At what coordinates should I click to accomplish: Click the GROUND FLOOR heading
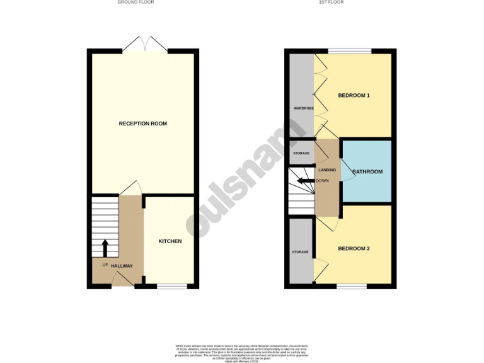point(135,3)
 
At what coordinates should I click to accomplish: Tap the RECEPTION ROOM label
point(143,124)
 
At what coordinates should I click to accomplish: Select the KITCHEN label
point(170,241)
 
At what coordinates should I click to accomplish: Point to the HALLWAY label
point(122,266)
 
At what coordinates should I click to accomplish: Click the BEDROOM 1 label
point(354,96)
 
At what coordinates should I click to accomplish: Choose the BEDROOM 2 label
point(354,248)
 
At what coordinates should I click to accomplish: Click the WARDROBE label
point(299,108)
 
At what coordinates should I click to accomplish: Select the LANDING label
point(327,170)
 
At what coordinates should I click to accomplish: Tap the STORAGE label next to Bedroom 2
point(300,252)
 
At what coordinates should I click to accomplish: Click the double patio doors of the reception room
point(145,45)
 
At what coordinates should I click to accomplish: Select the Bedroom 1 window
point(350,51)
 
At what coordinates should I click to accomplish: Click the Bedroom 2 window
point(351,287)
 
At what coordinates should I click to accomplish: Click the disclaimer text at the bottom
point(241,352)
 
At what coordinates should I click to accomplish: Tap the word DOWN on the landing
point(322,181)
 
